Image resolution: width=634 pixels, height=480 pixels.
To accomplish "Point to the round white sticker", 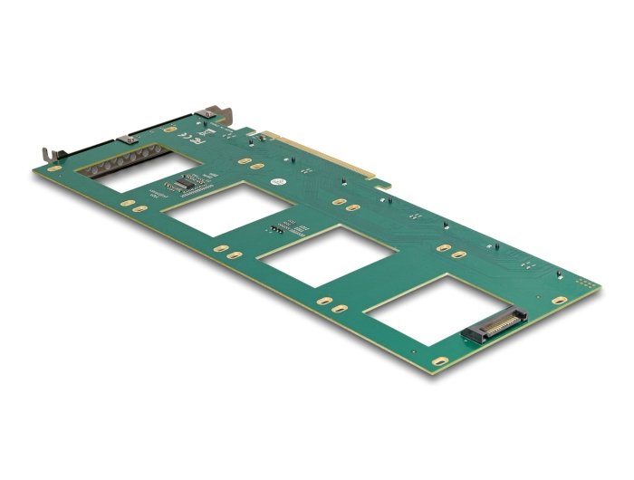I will (283, 182).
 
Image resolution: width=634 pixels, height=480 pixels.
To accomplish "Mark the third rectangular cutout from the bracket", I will (322, 254).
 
